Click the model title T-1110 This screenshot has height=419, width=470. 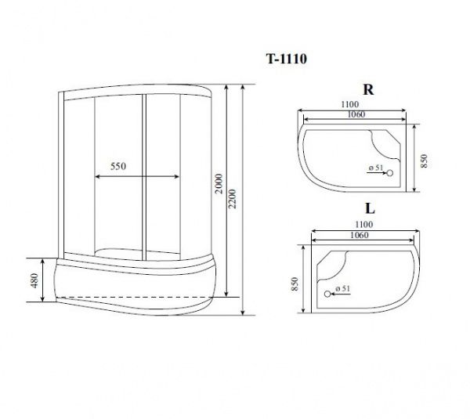(x=287, y=59)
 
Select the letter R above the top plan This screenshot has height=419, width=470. (x=368, y=89)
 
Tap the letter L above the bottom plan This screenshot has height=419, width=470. (x=371, y=208)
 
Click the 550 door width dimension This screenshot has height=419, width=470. (x=118, y=166)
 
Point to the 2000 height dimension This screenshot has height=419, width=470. (x=219, y=183)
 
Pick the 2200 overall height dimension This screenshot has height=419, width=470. (x=233, y=199)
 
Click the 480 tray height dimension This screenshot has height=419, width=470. (x=34, y=280)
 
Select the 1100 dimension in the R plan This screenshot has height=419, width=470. (x=350, y=104)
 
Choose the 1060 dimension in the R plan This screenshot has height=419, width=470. (x=356, y=114)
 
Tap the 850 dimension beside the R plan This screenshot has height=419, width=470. (x=424, y=161)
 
